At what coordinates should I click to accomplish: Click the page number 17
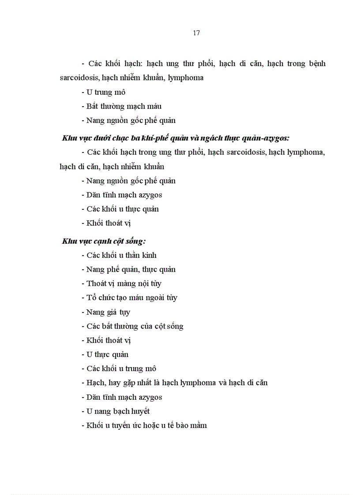coord(197,33)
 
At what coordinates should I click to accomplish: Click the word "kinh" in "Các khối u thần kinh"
coord(147,255)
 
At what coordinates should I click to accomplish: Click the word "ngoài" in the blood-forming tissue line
coord(153,298)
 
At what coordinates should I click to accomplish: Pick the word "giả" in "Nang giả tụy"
coord(110,312)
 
